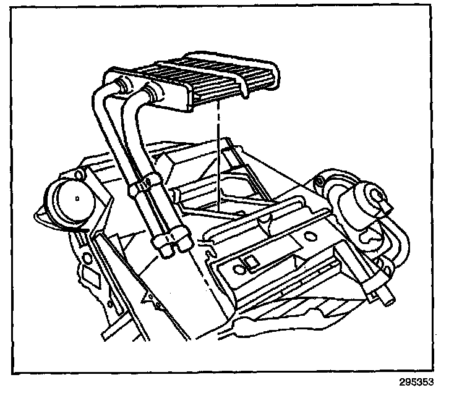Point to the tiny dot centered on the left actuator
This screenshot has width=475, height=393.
74,199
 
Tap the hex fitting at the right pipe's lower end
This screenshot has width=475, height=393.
181,243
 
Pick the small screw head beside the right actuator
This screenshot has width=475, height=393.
319,182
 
